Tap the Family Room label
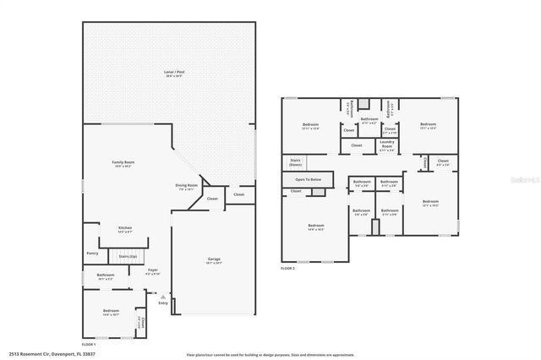[x=123, y=164]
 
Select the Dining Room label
[x=187, y=187]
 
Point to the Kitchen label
[x=125, y=229]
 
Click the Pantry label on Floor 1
[x=92, y=253]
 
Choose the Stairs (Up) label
[x=128, y=254]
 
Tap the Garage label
[x=215, y=260]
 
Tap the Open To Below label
[x=308, y=179]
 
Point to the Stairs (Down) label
[x=296, y=161]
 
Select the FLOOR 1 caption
[x=88, y=345]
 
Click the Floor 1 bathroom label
[x=106, y=276]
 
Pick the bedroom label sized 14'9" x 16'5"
[x=315, y=226]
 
